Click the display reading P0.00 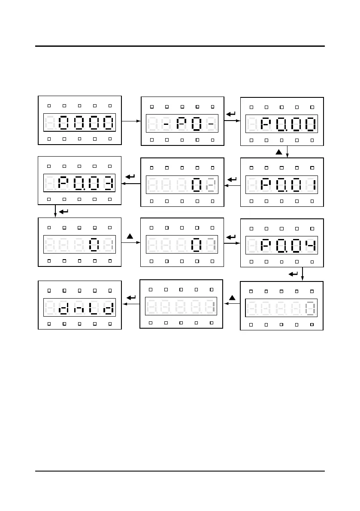tap(281, 124)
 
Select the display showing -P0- tap(182, 124)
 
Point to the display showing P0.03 tap(80, 184)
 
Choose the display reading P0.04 tap(281, 245)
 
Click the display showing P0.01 tap(281, 185)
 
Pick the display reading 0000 tap(80, 123)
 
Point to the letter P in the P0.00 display tap(266, 124)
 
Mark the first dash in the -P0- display tap(166, 124)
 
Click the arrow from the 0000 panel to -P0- tap(131, 121)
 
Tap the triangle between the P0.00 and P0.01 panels tap(278, 152)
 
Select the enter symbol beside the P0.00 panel tap(231, 114)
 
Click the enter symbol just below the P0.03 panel tap(63, 212)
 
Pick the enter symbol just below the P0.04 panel tap(293, 273)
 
